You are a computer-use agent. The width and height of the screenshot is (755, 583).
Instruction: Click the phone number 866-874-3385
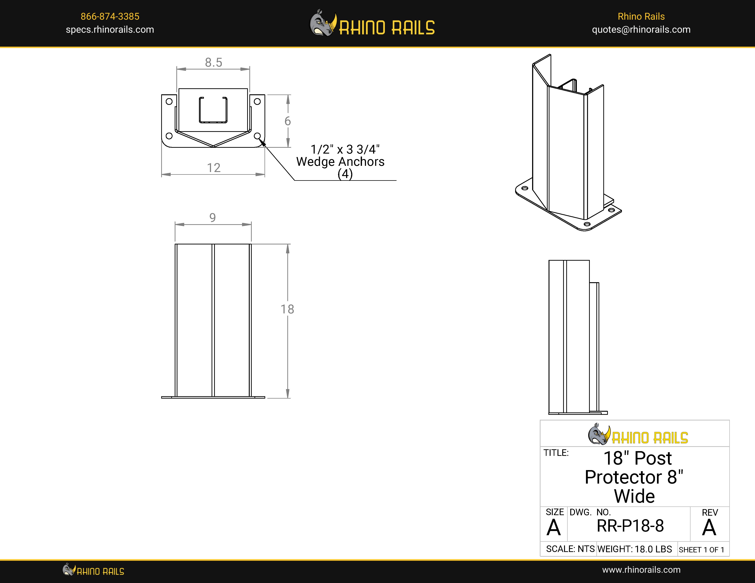coord(110,16)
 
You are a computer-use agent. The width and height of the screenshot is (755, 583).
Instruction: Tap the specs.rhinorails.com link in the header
coord(110,30)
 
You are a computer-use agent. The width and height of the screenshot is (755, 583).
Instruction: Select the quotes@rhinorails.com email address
coord(641,30)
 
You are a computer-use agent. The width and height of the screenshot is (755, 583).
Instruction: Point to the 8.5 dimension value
coord(214,63)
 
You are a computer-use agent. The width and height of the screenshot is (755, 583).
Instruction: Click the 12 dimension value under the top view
coord(214,168)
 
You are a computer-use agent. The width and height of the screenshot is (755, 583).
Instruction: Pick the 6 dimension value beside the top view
coord(288,121)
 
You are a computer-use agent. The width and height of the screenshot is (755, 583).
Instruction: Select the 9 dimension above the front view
coord(213,218)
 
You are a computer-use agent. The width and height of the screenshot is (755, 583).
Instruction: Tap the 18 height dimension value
coord(287,309)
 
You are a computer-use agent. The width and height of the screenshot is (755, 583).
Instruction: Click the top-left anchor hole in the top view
coord(169,102)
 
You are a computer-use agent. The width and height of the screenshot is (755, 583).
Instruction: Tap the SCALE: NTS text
coord(570,549)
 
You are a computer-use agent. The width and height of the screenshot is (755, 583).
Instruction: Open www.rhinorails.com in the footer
coord(641,570)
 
